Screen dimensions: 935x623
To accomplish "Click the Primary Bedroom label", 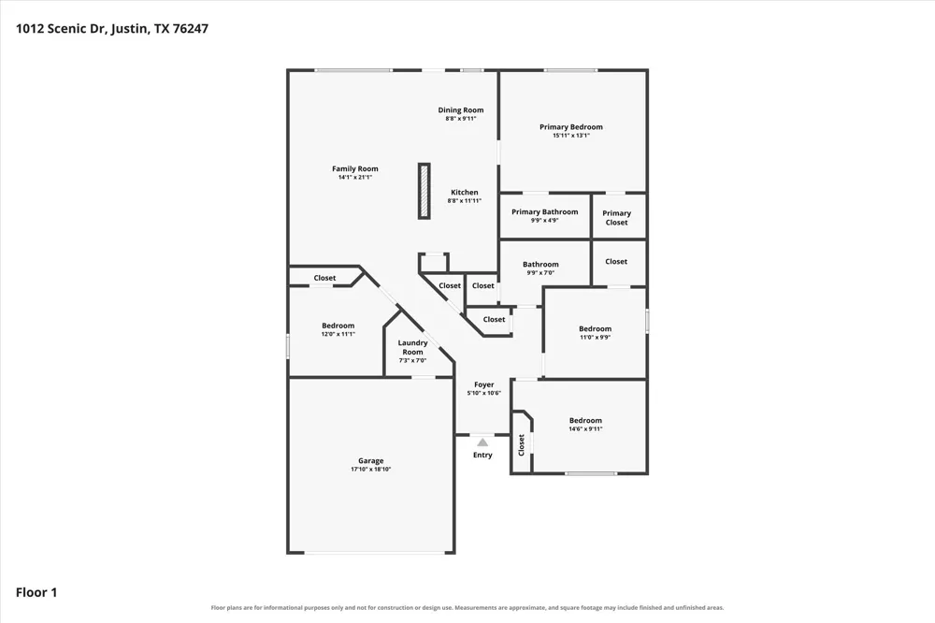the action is pyautogui.click(x=570, y=126).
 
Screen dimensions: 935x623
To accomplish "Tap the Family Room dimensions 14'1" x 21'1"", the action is pyautogui.click(x=354, y=177).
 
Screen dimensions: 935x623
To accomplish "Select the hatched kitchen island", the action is pyautogui.click(x=424, y=191).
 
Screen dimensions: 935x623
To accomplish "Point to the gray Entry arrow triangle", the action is pyautogui.click(x=482, y=442).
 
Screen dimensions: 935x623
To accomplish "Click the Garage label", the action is pyautogui.click(x=370, y=460).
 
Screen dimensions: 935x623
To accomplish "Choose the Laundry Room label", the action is pyautogui.click(x=412, y=347).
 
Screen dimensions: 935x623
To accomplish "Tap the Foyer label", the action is pyautogui.click(x=483, y=384).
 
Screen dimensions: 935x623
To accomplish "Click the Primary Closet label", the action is pyautogui.click(x=616, y=218).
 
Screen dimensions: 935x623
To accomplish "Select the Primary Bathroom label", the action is pyautogui.click(x=544, y=211).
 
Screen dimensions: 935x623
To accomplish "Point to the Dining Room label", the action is pyautogui.click(x=460, y=109).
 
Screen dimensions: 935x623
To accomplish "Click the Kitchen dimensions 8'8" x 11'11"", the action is pyautogui.click(x=464, y=201).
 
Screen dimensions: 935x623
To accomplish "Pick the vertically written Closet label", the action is pyautogui.click(x=521, y=444).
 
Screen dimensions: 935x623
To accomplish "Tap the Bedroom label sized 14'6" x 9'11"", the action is pyautogui.click(x=585, y=420).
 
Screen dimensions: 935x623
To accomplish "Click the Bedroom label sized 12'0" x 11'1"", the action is pyautogui.click(x=338, y=326).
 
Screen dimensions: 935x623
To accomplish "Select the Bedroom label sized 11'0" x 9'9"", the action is pyautogui.click(x=595, y=328).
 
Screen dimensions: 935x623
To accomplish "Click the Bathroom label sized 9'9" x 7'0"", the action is pyautogui.click(x=540, y=264).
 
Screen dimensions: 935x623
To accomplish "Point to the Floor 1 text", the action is pyautogui.click(x=36, y=592).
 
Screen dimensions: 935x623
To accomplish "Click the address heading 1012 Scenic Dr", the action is pyautogui.click(x=61, y=29).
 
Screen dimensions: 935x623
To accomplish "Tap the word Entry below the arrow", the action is pyautogui.click(x=482, y=455).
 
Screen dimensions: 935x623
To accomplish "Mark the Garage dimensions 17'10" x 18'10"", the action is pyautogui.click(x=370, y=470).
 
